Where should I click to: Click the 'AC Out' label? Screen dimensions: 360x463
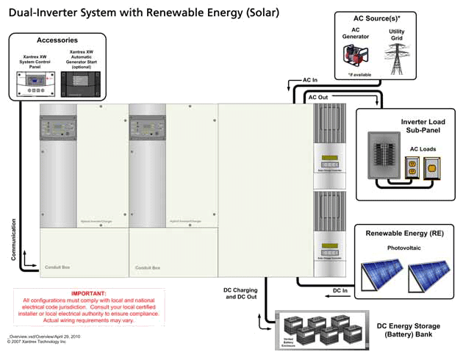318,97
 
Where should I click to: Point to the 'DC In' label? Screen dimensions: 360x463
340,291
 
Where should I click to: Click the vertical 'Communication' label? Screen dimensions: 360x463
13,239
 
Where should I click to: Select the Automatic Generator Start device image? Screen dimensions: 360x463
81,84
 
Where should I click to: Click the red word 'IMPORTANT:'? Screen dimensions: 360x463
89,293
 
